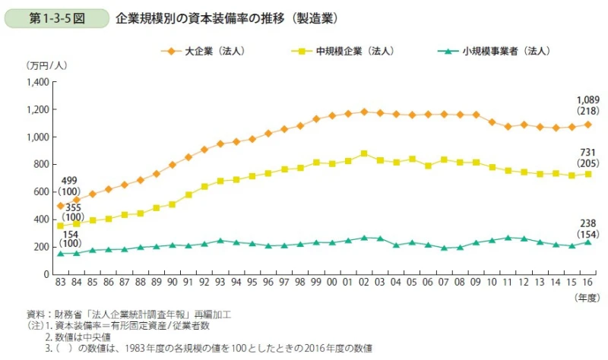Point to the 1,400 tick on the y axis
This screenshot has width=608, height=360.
point(37,81)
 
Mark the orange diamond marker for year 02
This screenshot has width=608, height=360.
point(364,112)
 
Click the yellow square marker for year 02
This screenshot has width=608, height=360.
point(364,153)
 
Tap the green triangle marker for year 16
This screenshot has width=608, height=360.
point(588,242)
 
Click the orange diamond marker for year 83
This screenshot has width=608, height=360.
point(61,206)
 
